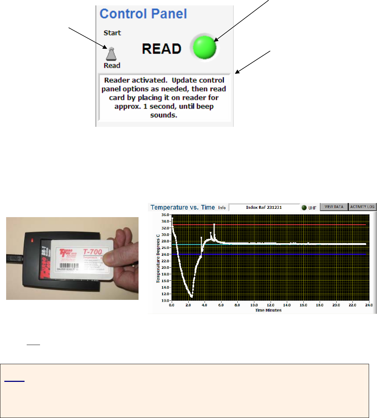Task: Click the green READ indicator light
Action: click(x=205, y=48)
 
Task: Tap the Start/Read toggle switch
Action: click(x=112, y=54)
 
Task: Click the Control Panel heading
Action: click(x=143, y=14)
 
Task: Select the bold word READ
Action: click(x=161, y=49)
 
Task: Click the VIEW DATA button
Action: click(x=334, y=207)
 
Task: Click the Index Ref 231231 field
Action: click(x=264, y=207)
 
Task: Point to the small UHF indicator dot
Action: click(x=304, y=208)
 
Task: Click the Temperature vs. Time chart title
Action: click(x=183, y=207)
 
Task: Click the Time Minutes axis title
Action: click(x=268, y=310)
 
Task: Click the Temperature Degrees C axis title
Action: click(x=158, y=258)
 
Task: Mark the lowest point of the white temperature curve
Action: click(x=192, y=297)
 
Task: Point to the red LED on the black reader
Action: click(x=32, y=240)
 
